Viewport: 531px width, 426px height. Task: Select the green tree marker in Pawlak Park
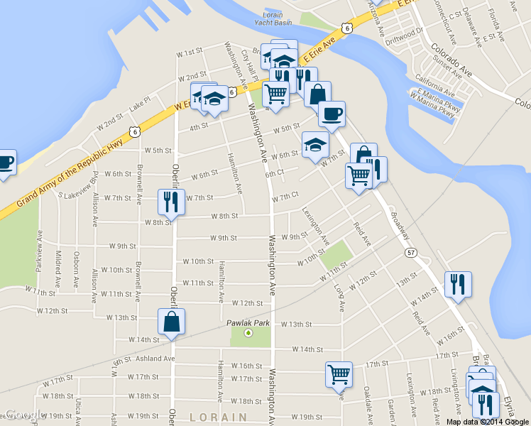(248, 333)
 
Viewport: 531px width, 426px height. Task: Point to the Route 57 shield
(411, 252)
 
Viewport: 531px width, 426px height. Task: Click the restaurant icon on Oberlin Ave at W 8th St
(171, 202)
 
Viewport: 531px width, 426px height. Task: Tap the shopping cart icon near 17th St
(339, 374)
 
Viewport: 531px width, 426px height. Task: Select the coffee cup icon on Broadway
(332, 114)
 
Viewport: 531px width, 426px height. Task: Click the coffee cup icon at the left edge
(4, 163)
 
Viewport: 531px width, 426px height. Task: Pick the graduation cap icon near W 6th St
(315, 146)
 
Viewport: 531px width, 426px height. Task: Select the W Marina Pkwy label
(435, 112)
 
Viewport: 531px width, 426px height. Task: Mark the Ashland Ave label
(155, 359)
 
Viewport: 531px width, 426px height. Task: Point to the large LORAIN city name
(218, 417)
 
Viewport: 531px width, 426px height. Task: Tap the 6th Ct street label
(274, 173)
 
